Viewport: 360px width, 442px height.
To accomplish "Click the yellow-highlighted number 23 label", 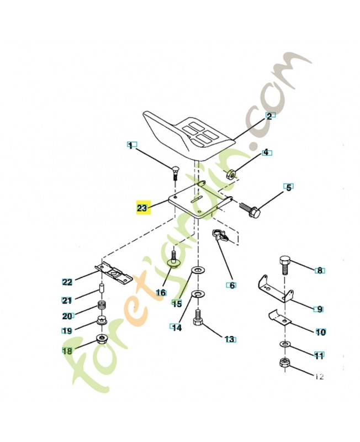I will click(x=142, y=208).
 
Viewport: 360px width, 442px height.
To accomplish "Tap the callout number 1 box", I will click(x=130, y=146).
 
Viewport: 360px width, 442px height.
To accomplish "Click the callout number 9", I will click(x=319, y=309).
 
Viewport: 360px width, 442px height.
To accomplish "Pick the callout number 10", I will click(x=320, y=333).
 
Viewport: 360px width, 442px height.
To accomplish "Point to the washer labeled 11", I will click(x=283, y=345).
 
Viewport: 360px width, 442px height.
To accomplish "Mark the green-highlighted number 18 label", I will click(x=67, y=350).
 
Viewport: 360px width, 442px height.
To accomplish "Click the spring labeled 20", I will click(x=102, y=306).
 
